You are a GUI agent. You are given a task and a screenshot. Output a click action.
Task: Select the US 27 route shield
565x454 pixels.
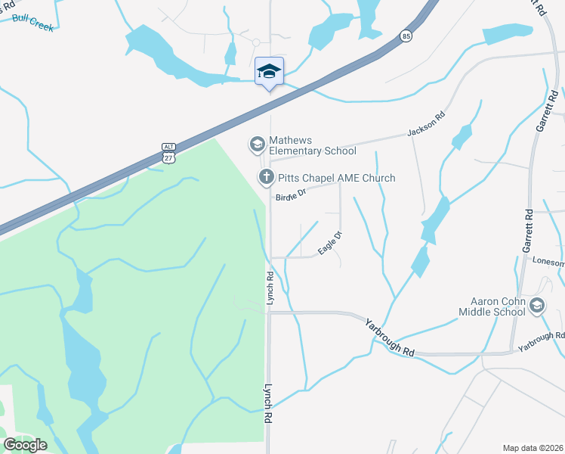coord(168,157)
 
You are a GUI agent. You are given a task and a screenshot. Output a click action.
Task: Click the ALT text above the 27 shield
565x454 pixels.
coord(168,146)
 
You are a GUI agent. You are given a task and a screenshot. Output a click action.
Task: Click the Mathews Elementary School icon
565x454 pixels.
coord(256,144)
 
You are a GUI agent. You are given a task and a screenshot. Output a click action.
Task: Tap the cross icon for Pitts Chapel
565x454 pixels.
coord(265,178)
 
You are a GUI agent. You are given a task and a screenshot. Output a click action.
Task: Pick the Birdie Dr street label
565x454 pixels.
coord(291,195)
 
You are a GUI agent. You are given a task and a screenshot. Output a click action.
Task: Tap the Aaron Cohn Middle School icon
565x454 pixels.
coord(537,306)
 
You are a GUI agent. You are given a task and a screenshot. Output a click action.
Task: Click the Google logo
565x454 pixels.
coord(25,445)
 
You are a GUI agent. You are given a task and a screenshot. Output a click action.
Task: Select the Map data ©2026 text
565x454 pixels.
coord(533,448)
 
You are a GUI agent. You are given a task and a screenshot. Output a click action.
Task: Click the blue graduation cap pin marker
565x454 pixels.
coord(269,72)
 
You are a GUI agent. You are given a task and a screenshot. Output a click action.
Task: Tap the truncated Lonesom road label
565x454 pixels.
coord(548,262)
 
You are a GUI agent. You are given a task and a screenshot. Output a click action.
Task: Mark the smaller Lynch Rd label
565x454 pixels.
coord(269,288)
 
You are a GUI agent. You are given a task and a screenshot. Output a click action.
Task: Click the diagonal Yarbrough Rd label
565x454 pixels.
coord(390,337)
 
